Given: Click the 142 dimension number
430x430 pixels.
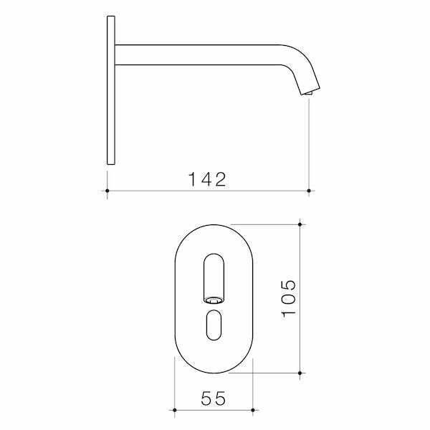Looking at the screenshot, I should coord(207,179).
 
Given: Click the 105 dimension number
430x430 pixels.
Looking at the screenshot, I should coord(288,297).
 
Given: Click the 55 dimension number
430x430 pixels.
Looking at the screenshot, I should coord(214,398).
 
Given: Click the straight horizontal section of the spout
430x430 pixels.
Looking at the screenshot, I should coord(201,54).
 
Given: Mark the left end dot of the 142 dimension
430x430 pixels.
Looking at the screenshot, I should coord(107,191).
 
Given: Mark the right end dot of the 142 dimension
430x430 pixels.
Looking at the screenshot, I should coord(309,191).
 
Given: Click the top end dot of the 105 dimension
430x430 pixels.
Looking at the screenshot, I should coord(300,224).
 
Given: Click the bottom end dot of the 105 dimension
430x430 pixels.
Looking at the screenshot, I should coord(300,373).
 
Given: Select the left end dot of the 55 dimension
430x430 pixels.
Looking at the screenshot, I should coord(175,411).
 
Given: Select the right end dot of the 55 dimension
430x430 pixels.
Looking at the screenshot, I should coord(253,411).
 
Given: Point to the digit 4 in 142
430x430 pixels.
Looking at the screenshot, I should coord(206,179).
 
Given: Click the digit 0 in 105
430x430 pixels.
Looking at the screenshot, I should coord(288,297).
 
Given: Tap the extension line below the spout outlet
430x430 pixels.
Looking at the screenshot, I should coord(309,143).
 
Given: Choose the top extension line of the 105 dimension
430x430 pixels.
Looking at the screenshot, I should coord(265,224).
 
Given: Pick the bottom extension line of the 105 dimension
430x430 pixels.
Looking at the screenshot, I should coord(265,373).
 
